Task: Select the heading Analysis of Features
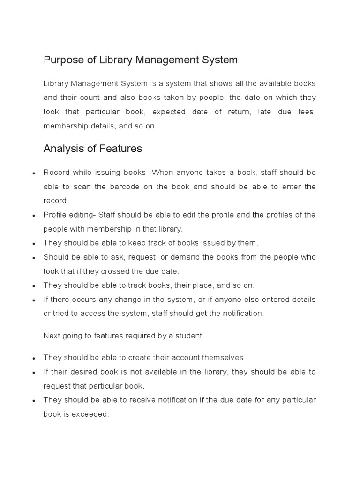92,149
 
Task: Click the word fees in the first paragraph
307,112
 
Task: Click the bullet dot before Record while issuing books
34,173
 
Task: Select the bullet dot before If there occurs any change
34,300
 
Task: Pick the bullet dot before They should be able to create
34,358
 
